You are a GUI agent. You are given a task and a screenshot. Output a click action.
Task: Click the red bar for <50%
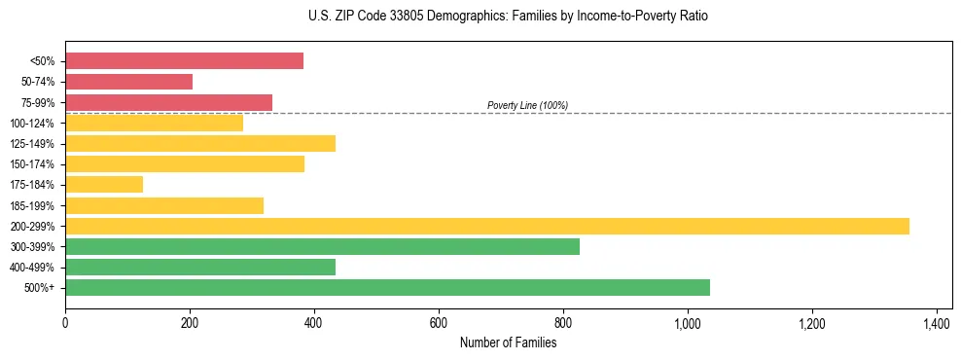184,61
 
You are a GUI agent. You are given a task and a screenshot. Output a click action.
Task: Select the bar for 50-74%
128,82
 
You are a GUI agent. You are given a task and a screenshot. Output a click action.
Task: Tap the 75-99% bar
168,102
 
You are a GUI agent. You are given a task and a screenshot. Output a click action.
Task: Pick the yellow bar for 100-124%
154,123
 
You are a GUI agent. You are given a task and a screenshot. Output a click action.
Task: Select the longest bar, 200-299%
486,226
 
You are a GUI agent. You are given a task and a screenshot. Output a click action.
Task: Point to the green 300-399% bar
322,246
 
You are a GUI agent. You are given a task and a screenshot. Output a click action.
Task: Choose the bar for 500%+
387,287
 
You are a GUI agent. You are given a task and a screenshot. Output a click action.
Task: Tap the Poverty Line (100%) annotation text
527,105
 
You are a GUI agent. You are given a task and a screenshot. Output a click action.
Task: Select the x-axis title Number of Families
508,342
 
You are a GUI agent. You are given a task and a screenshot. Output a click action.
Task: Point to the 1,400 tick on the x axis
936,323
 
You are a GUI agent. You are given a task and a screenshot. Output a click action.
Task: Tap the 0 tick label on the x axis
65,323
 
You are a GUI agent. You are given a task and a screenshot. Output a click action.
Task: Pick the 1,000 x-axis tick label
688,323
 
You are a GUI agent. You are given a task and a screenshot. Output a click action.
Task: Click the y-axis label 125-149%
32,144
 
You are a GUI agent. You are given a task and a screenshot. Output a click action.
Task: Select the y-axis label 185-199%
32,205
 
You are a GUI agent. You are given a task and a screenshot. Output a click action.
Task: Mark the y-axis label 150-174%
32,164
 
